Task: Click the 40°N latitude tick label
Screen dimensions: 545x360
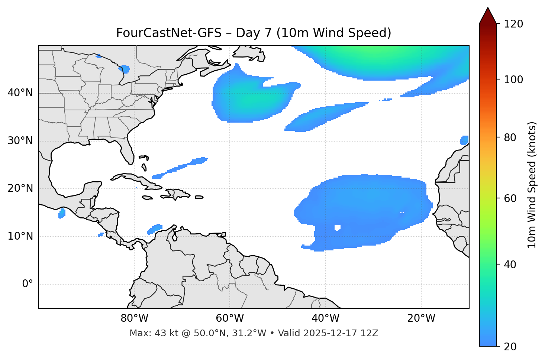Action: (20, 93)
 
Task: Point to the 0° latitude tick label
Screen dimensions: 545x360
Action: (28, 284)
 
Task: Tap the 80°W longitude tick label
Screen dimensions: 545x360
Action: (134, 318)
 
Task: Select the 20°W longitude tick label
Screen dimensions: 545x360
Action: (421, 318)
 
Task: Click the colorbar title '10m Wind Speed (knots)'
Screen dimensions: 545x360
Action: (532, 185)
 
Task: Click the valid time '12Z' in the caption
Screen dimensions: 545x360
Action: (370, 333)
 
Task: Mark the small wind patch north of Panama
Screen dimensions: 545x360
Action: (155, 229)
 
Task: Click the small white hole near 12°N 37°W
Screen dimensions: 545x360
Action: (338, 228)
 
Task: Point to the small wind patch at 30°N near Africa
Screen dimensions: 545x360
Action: (464, 140)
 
